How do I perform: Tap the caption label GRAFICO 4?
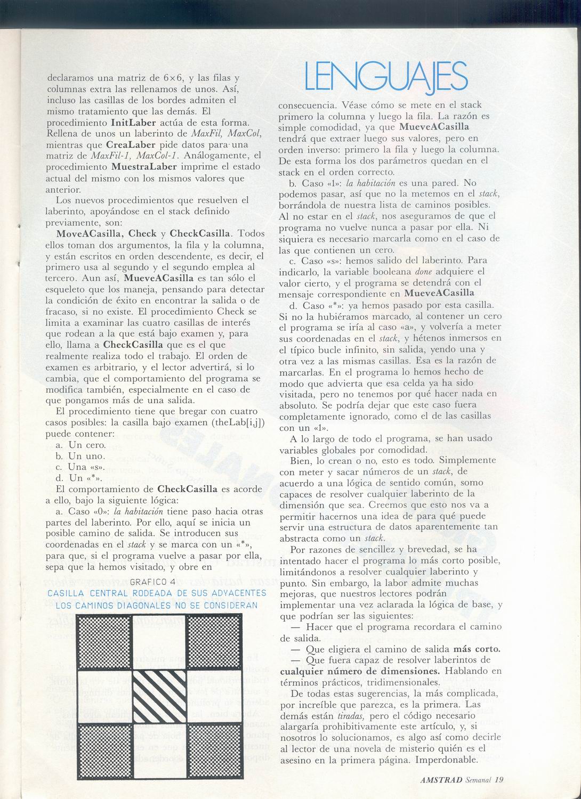point(152,581)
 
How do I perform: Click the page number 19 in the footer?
point(499,779)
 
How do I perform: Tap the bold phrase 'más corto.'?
point(477,649)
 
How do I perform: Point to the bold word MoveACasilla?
point(90,233)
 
